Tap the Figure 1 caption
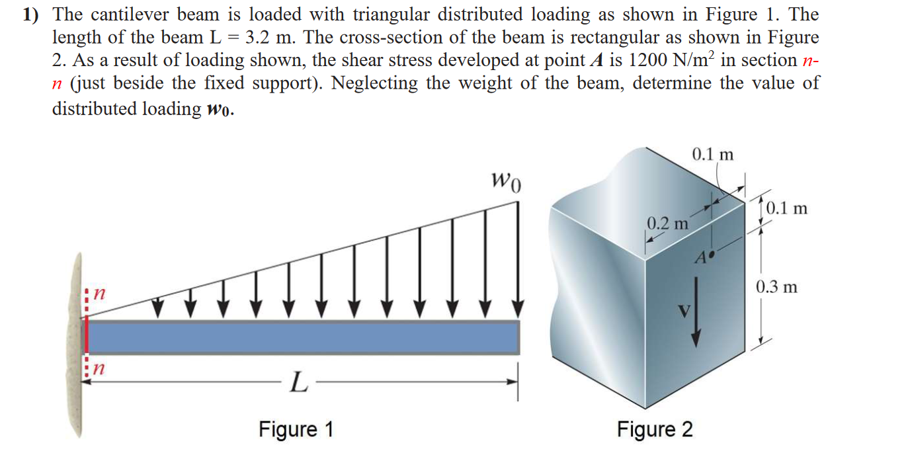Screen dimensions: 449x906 coord(296,429)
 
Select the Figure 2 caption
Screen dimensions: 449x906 coord(655,429)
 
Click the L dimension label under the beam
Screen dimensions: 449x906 coord(298,382)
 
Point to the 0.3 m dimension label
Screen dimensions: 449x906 coord(776,287)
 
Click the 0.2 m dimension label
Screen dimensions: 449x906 coord(667,223)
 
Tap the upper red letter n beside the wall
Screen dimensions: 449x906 coord(99,292)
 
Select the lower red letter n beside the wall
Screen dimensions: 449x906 coord(99,366)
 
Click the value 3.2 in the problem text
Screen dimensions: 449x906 coord(254,38)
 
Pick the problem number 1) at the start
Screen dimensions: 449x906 coord(33,15)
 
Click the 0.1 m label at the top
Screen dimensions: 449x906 coord(712,155)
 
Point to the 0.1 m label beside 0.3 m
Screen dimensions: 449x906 coord(787,209)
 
